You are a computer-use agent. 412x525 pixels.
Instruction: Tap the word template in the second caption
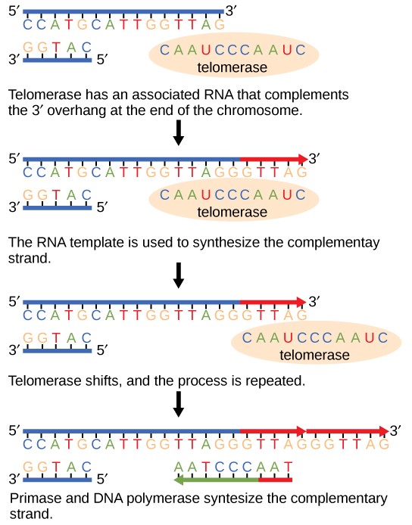click(x=87, y=244)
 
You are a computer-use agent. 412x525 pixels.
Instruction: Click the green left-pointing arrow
click(x=215, y=479)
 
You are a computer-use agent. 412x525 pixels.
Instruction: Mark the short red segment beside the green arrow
click(x=275, y=479)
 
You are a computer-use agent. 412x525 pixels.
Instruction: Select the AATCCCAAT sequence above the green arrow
click(x=233, y=467)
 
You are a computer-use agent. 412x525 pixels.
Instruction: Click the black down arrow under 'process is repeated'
click(x=179, y=402)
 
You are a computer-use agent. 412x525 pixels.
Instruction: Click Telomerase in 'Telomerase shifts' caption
click(x=45, y=382)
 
